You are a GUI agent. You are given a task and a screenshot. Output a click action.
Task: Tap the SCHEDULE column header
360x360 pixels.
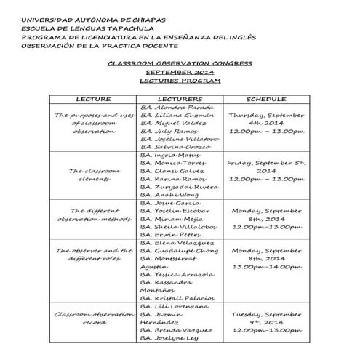266,99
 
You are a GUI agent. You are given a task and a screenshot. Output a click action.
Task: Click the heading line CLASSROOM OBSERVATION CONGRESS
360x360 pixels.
180,63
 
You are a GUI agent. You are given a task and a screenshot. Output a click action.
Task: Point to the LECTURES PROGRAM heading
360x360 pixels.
180,82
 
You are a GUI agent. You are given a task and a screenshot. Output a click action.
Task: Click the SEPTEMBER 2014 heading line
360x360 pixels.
180,73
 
